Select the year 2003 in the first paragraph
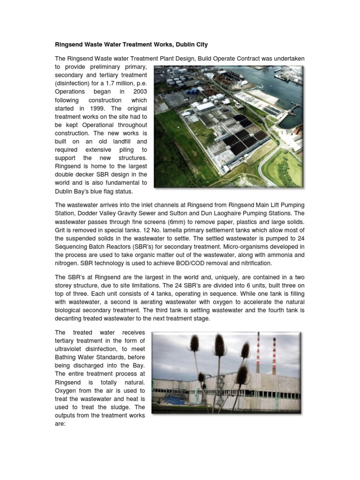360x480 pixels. tap(137, 92)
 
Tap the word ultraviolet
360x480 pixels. tap(71, 349)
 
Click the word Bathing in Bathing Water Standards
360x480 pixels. tap(67, 357)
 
